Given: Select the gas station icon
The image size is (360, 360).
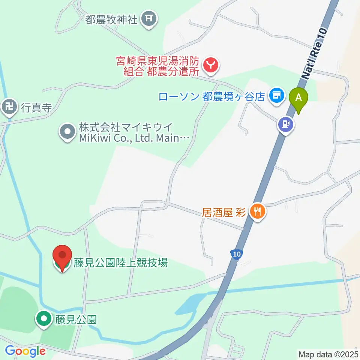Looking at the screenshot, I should pyautogui.click(x=285, y=124).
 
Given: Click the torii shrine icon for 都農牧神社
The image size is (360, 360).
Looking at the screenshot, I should pyautogui.click(x=149, y=18).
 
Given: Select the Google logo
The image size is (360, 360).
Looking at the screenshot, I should pyautogui.click(x=25, y=351).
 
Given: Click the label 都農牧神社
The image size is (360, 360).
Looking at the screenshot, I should pyautogui.click(x=111, y=20).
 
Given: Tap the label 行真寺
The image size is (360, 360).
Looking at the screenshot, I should pyautogui.click(x=36, y=108).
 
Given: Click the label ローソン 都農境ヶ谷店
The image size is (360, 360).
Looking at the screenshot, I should pyautogui.click(x=212, y=96).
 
